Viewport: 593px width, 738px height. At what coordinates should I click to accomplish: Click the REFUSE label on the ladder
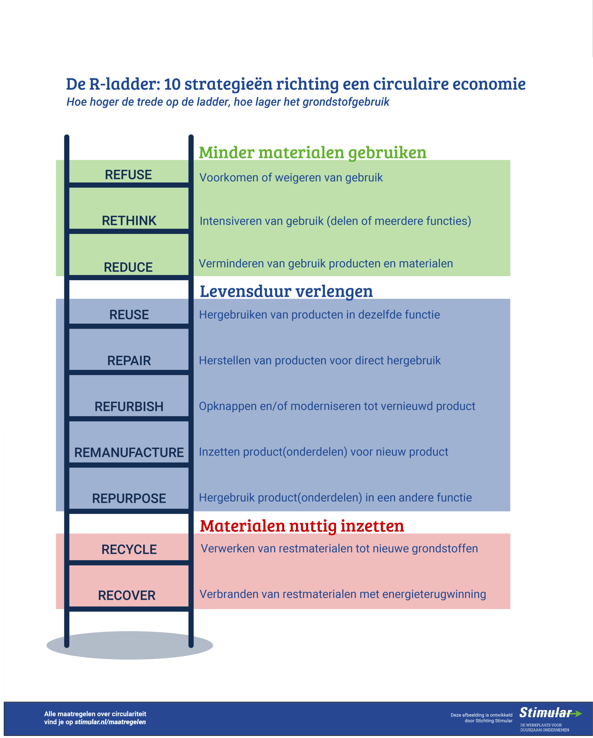[128, 175]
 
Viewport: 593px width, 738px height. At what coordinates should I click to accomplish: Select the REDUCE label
[128, 267]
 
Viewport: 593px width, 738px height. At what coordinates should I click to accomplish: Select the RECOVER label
[127, 596]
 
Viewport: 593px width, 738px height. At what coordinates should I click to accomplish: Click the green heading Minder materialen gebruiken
[313, 152]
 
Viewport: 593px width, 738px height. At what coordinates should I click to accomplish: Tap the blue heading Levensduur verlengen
[286, 291]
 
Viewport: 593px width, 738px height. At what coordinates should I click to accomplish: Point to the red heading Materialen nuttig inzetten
[302, 526]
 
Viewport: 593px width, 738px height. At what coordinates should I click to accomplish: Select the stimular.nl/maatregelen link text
[110, 722]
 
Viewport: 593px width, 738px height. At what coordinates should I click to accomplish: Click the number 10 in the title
[172, 84]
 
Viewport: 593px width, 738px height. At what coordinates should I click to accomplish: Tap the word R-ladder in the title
[124, 84]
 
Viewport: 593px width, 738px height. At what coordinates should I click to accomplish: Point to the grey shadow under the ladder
[130, 645]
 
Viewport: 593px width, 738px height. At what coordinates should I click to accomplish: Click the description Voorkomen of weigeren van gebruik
[291, 178]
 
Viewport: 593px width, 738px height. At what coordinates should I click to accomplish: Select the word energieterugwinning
[434, 594]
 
